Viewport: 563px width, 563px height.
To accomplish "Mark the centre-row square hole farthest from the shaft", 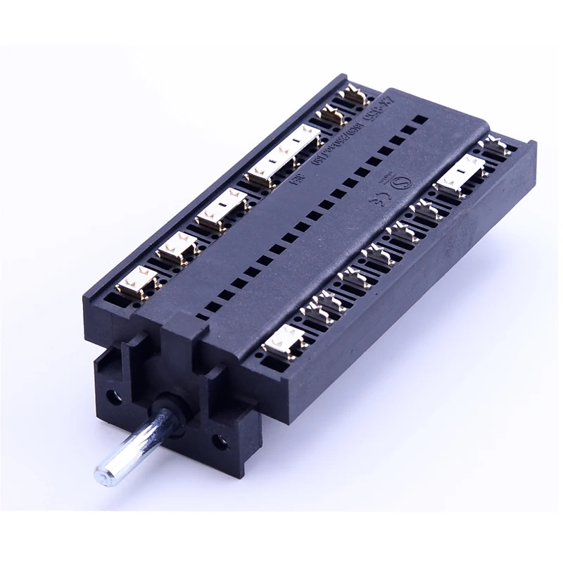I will [419, 120].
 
